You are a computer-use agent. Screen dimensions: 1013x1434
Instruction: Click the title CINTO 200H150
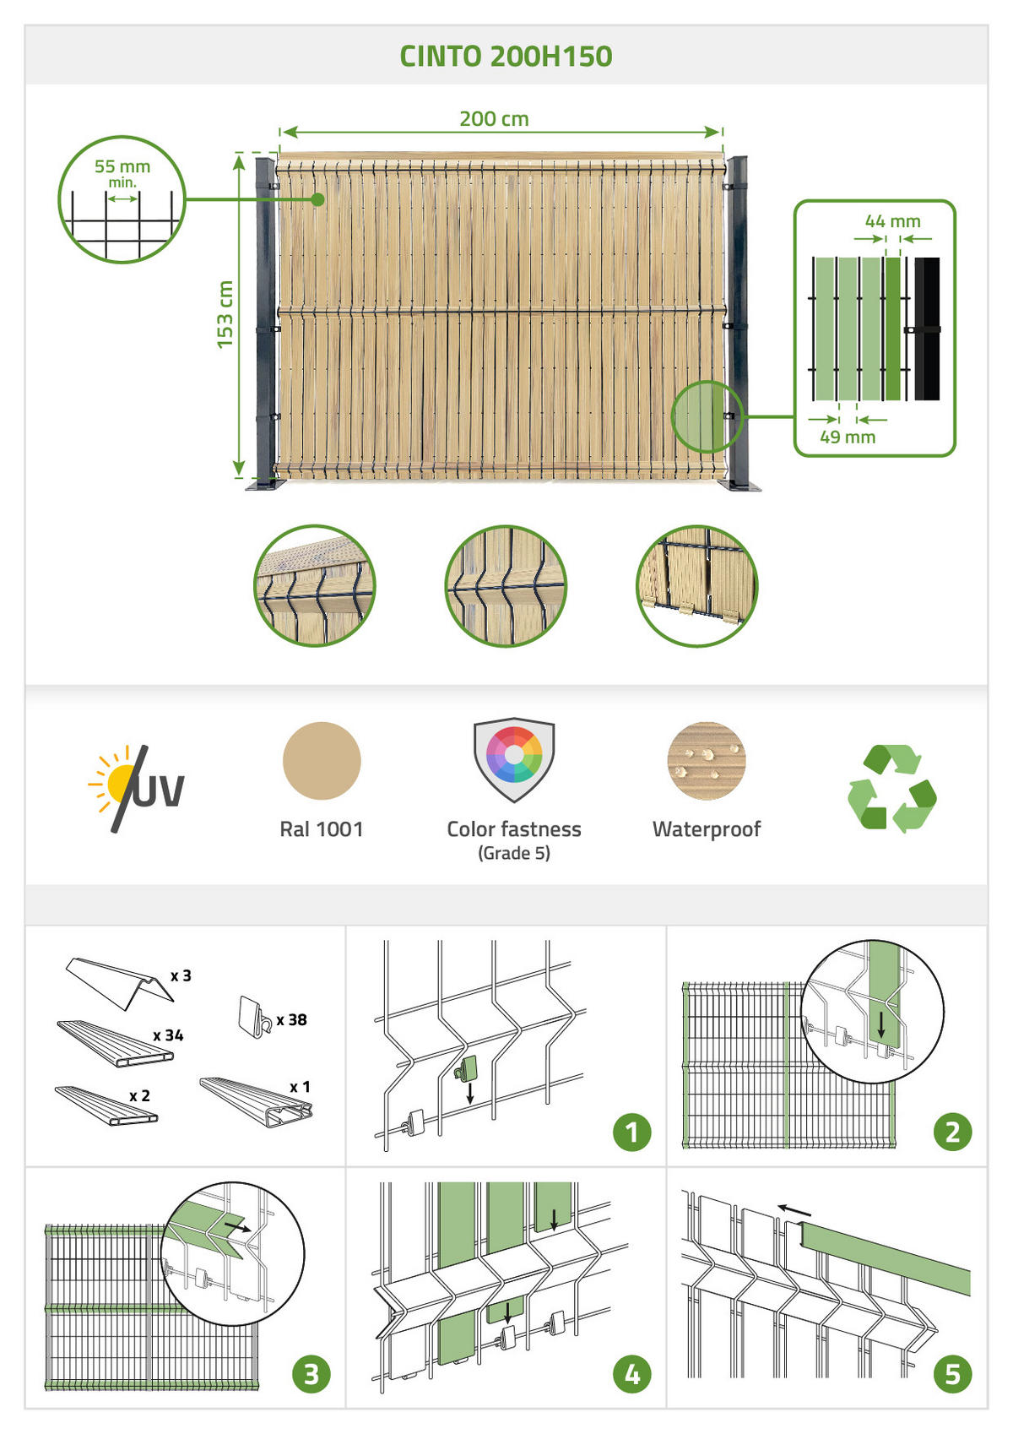coord(506,57)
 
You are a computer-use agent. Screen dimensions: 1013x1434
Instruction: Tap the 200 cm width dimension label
coord(494,118)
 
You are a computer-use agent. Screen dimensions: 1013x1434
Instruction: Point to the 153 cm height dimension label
coord(225,314)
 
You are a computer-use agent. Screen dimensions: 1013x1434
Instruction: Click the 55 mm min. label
coord(122,173)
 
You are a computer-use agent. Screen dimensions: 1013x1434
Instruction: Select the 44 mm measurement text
coord(892,221)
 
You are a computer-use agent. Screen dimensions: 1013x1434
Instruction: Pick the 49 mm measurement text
coord(848,437)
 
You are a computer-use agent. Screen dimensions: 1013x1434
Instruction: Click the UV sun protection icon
coord(136,788)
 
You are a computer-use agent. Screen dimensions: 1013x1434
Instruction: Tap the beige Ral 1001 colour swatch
coord(322,761)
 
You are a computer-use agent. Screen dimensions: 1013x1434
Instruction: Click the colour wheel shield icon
coord(514,759)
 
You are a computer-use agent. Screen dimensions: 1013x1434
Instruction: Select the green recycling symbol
coord(892,788)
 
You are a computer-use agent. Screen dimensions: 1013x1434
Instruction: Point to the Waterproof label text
coord(707,829)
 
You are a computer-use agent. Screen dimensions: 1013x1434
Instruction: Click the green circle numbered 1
coord(631,1133)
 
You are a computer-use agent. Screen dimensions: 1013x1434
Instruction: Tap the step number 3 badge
coord(311,1375)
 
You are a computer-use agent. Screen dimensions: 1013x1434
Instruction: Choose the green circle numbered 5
coord(952,1375)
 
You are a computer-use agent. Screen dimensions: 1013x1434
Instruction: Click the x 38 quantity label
coord(292,1020)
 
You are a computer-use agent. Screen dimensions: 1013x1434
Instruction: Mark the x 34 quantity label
coord(168,1035)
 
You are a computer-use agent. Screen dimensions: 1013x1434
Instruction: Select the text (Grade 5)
coord(514,853)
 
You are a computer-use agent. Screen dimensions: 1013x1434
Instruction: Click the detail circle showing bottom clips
coord(697,586)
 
